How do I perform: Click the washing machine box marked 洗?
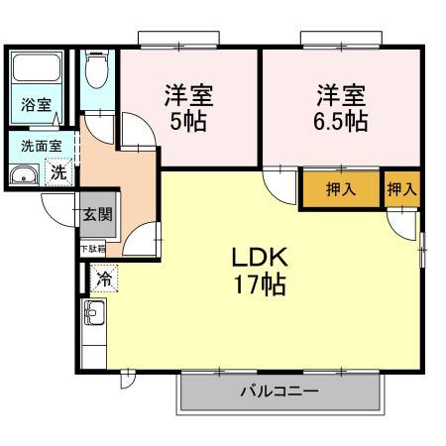(59, 171)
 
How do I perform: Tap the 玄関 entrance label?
(97, 213)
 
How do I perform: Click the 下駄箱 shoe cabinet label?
(92, 249)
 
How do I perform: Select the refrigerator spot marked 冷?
(104, 279)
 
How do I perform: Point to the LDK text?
(259, 257)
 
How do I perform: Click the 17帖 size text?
(260, 285)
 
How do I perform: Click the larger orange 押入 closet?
(339, 189)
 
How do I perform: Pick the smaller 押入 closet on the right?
(400, 189)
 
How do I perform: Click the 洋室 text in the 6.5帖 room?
(341, 96)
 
